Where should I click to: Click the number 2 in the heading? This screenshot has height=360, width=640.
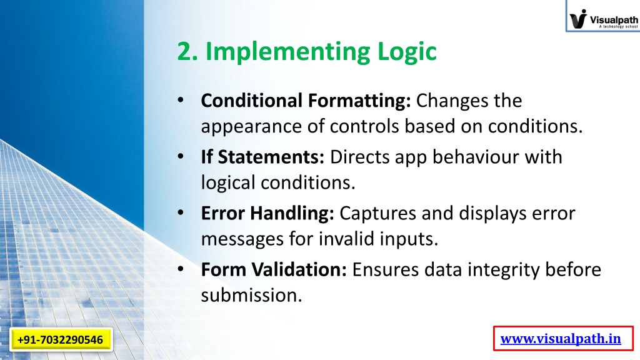pyautogui.click(x=185, y=52)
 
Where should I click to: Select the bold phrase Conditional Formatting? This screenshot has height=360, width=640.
pyautogui.click(x=306, y=101)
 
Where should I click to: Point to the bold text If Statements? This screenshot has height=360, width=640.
pyautogui.click(x=262, y=157)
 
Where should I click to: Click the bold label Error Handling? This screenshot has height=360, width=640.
pyautogui.click(x=267, y=214)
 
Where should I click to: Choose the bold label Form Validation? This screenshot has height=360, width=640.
pyautogui.click(x=274, y=269)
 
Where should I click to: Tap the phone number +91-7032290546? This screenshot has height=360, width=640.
pyautogui.click(x=61, y=339)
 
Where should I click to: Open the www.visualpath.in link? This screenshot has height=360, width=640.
pyautogui.click(x=561, y=339)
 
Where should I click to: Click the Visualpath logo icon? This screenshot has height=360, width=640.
pyautogui.click(x=578, y=19)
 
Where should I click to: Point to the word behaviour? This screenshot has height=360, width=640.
pyautogui.click(x=476, y=157)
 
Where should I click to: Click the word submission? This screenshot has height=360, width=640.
pyautogui.click(x=251, y=295)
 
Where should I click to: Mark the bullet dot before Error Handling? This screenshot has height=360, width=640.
pyautogui.click(x=181, y=212)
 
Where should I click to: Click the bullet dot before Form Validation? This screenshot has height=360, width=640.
pyautogui.click(x=181, y=269)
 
